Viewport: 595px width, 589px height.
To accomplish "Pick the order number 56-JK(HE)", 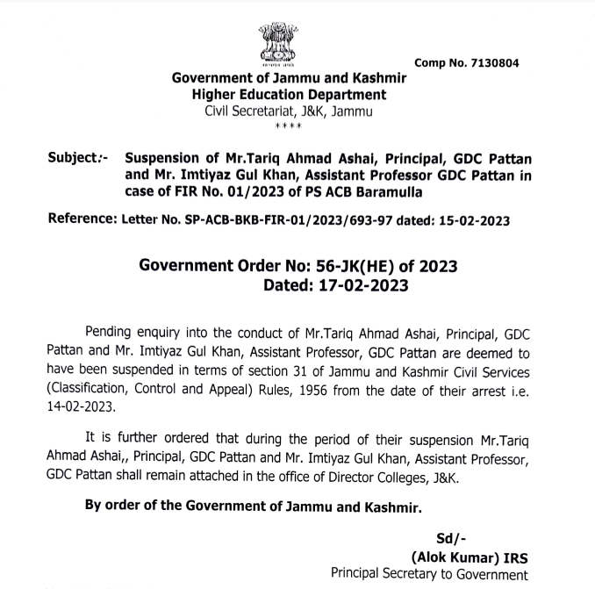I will (x=366, y=266).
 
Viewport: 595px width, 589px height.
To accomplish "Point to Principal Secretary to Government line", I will (x=429, y=576).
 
